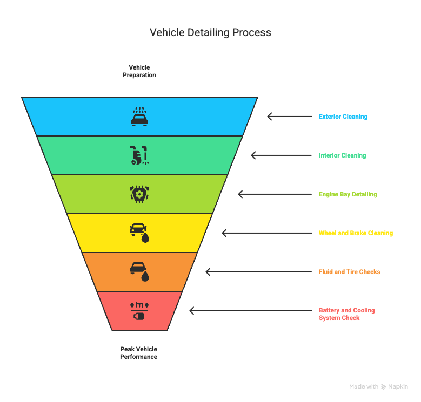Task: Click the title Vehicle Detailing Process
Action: click(x=210, y=33)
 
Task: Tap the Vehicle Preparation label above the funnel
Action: click(x=139, y=71)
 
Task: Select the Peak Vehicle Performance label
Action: click(x=139, y=353)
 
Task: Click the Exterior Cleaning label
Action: click(x=343, y=117)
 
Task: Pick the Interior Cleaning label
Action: click(x=342, y=155)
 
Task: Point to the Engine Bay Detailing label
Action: click(x=348, y=194)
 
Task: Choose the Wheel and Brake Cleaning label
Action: click(x=356, y=233)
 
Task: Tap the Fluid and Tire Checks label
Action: click(x=349, y=272)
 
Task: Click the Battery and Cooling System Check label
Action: click(x=346, y=314)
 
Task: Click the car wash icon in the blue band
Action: click(x=139, y=117)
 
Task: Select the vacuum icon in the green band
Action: click(x=139, y=155)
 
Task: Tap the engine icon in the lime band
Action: click(x=139, y=194)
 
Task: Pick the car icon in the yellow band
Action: click(x=139, y=233)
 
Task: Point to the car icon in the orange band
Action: click(x=139, y=272)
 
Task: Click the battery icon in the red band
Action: click(x=139, y=311)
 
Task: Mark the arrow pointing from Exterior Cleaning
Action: click(x=290, y=117)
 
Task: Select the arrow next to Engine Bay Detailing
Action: click(x=275, y=194)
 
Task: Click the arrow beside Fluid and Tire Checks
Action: click(x=259, y=272)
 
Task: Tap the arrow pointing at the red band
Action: click(x=251, y=311)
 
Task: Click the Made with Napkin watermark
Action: click(x=379, y=387)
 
